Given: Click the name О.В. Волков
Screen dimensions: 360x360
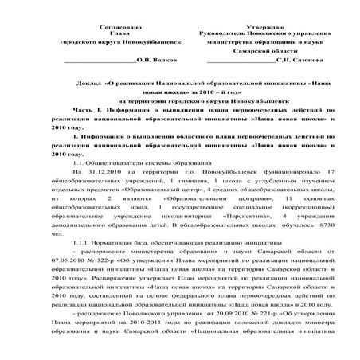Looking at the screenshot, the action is click(x=157, y=59).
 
